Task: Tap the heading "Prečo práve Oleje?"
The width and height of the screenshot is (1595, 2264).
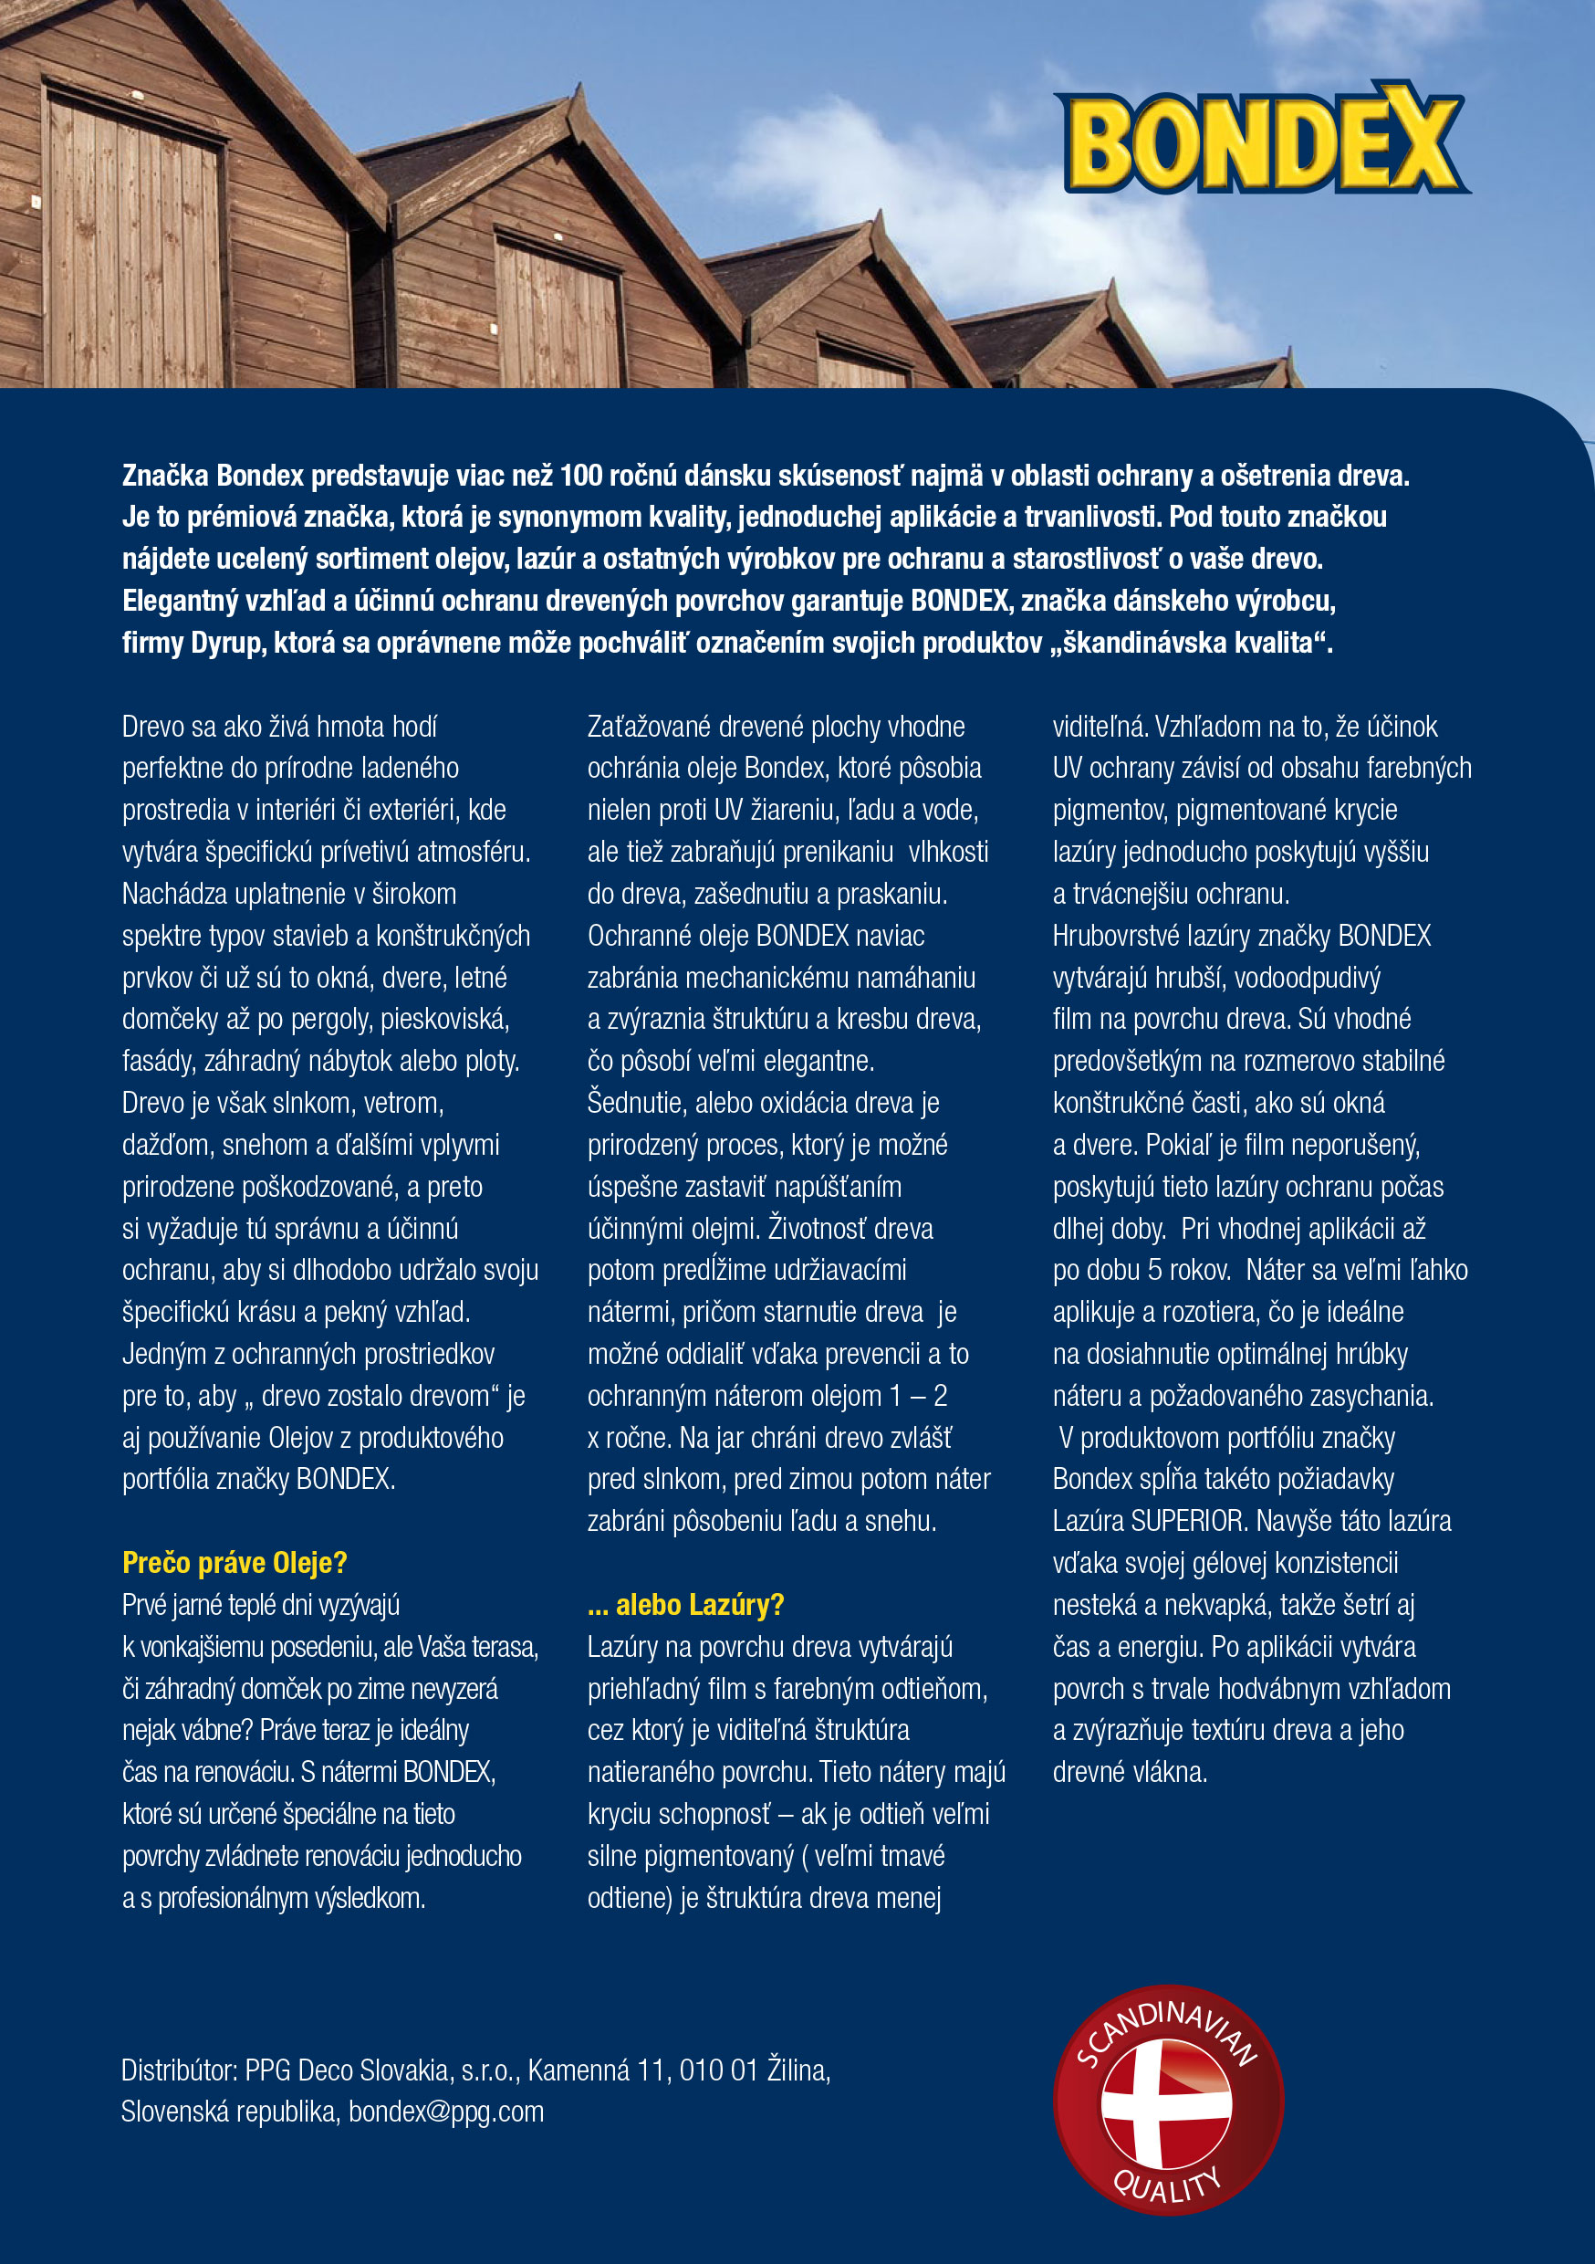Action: pyautogui.click(x=235, y=1563)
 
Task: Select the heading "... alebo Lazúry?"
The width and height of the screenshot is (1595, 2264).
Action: pyautogui.click(x=685, y=1605)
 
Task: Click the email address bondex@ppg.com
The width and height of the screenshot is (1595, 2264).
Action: pyautogui.click(x=445, y=2112)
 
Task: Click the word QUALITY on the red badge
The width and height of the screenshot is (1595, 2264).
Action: pyautogui.click(x=1167, y=2185)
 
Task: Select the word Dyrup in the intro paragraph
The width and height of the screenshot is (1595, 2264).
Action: pyautogui.click(x=228, y=643)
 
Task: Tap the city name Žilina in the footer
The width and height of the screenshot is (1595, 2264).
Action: pyautogui.click(x=797, y=2069)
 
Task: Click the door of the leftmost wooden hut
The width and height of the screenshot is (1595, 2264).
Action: pyautogui.click(x=133, y=246)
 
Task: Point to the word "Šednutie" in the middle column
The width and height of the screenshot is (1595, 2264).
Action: pyautogui.click(x=637, y=1103)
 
